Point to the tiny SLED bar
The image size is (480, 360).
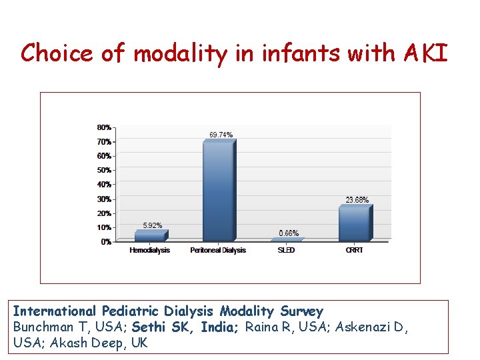pos(287,239)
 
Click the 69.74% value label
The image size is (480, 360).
pos(221,135)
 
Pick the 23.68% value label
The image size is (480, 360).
pos(357,199)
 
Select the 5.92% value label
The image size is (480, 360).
pos(153,225)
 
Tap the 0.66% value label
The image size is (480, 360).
pos(289,233)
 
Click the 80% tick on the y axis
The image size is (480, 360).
pos(105,127)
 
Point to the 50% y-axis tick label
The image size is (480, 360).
pos(105,170)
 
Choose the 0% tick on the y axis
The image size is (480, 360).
pos(106,242)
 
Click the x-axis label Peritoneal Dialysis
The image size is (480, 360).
pos(218,251)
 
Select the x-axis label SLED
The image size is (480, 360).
pos(286,251)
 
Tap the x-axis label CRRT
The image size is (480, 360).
pos(354,251)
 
